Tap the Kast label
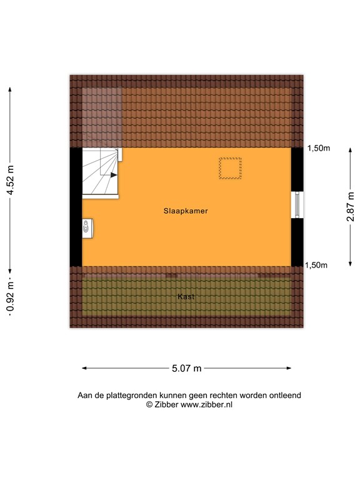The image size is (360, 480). pyautogui.click(x=186, y=297)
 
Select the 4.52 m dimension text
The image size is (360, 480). pyautogui.click(x=10, y=181)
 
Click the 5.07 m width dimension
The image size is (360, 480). pyautogui.click(x=186, y=369)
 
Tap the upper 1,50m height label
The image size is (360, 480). pyautogui.click(x=318, y=148)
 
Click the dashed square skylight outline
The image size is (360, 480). pyautogui.click(x=230, y=169)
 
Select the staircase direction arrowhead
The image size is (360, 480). pyautogui.click(x=114, y=175)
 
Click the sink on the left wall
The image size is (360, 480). pyautogui.click(x=87, y=229)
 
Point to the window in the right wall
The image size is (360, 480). pyautogui.click(x=297, y=204)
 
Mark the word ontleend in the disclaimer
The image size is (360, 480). pyautogui.click(x=285, y=396)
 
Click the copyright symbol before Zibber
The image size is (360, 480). pyautogui.click(x=149, y=405)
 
